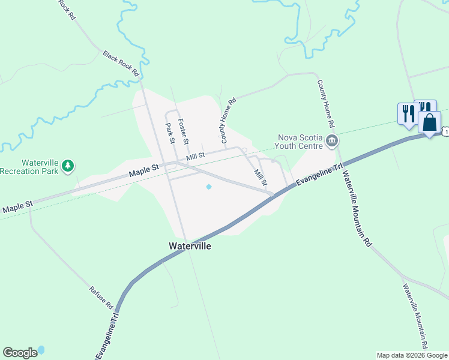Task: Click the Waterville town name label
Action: [x=190, y=246]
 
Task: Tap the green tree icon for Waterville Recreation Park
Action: [x=68, y=165]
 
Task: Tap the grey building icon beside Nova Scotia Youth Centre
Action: [x=332, y=141]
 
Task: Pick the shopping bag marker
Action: [x=429, y=123]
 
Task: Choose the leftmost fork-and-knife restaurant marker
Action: [x=406, y=114]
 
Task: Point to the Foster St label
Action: [x=184, y=131]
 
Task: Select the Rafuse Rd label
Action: [x=101, y=297]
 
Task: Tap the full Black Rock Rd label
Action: [x=121, y=63]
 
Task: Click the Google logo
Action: [x=20, y=353]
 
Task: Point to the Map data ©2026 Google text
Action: [x=412, y=355]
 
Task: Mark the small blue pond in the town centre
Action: [x=209, y=187]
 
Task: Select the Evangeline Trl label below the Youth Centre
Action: [x=316, y=175]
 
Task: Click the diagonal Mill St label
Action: [x=260, y=177]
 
